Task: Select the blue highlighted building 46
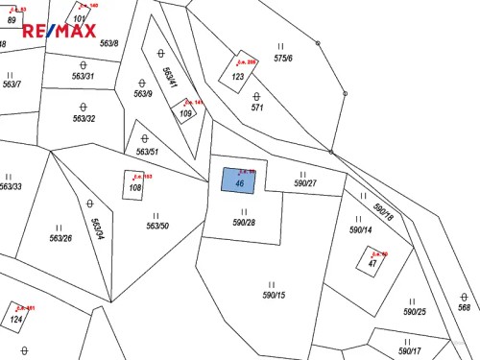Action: point(239,180)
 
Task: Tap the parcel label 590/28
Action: point(244,222)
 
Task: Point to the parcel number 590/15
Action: point(274,295)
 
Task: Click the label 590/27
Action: point(305,182)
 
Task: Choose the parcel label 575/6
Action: point(282,59)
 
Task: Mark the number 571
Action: point(257,108)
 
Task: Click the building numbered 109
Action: point(186,113)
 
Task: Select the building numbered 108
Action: point(134,187)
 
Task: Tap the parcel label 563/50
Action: point(157,227)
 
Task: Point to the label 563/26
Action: point(60,238)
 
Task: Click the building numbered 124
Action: point(15,319)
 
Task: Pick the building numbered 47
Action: point(372,262)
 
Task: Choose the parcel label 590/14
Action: point(360,230)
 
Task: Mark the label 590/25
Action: point(414,312)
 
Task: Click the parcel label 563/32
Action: point(84,119)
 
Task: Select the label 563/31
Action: point(83,76)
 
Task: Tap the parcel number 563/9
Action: point(143,94)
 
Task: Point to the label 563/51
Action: point(147,152)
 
